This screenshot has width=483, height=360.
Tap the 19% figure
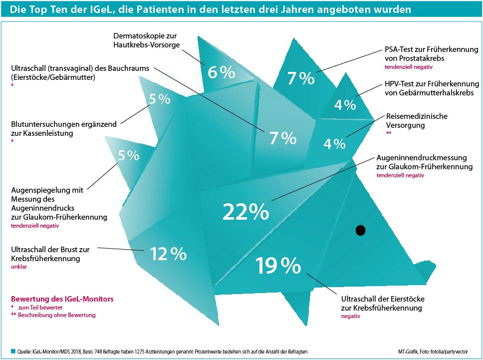(278, 266)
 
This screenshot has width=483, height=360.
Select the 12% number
(168, 254)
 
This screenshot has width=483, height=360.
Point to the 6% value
(221, 73)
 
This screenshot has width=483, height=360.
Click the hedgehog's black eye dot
(360, 230)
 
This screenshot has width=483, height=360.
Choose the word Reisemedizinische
(417, 116)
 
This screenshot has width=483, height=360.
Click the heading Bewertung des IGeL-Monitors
(62, 299)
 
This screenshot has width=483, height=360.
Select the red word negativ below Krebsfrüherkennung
(350, 317)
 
